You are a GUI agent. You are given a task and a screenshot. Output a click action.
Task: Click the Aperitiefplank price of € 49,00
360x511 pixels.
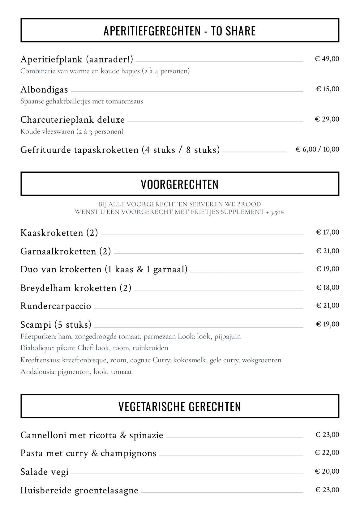(327, 59)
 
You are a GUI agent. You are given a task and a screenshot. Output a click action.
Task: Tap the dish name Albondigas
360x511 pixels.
(44, 90)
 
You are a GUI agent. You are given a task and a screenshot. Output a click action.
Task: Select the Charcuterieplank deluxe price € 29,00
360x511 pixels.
(327, 119)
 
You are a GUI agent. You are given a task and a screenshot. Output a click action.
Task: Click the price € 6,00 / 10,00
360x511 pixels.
(317, 150)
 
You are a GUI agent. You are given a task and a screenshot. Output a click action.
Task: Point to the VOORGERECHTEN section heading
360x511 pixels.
(180, 184)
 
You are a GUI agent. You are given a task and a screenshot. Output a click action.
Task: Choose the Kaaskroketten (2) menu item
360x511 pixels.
(59, 233)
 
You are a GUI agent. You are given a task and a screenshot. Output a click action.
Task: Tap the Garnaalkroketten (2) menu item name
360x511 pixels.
(66, 251)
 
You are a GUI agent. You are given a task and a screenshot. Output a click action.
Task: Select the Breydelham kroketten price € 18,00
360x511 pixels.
(328, 287)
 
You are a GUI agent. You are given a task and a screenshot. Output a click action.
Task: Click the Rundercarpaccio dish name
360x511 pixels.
(56, 306)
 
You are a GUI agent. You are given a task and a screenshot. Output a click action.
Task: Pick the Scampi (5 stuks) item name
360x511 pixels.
(56, 325)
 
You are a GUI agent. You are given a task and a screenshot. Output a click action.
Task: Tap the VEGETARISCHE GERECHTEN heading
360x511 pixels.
(180, 406)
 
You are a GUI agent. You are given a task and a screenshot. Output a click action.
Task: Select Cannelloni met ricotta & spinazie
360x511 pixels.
(92, 435)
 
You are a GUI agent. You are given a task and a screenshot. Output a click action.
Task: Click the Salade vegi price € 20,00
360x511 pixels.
(327, 471)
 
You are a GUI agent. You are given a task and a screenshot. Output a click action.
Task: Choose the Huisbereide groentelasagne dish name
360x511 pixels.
(79, 490)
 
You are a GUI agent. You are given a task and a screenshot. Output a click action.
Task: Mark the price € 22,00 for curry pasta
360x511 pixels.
(327, 453)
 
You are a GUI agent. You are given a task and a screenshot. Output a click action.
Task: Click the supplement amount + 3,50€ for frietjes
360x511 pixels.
(275, 212)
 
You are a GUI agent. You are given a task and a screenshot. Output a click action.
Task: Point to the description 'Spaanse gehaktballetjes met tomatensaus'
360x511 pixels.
(82, 101)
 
